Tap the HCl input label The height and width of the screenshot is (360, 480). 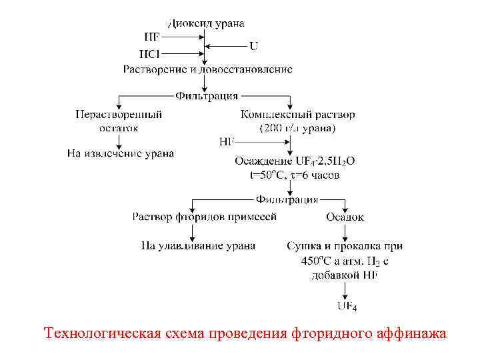pyautogui.click(x=149, y=53)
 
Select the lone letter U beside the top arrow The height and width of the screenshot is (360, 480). pyautogui.click(x=254, y=46)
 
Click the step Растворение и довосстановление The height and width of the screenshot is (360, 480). pyautogui.click(x=207, y=69)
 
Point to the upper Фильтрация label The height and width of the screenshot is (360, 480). pyautogui.click(x=207, y=96)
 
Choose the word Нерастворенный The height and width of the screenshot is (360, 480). pyautogui.click(x=118, y=114)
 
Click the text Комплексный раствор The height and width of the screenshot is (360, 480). pyautogui.click(x=297, y=114)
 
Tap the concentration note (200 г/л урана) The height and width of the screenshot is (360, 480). pyautogui.click(x=297, y=127)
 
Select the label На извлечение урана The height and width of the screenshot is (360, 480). pyautogui.click(x=121, y=153)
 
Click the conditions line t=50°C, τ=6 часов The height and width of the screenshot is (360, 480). pyautogui.click(x=291, y=175)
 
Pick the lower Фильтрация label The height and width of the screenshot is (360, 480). pyautogui.click(x=287, y=199)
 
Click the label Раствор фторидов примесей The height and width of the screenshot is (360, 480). pyautogui.click(x=204, y=217)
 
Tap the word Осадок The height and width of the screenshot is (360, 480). pyautogui.click(x=345, y=217)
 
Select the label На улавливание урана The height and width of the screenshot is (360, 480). pyautogui.click(x=198, y=245)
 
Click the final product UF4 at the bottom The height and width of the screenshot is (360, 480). pyautogui.click(x=347, y=307)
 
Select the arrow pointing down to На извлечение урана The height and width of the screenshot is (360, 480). pyautogui.click(x=118, y=141)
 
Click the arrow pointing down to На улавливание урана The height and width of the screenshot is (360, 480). pyautogui.click(x=193, y=231)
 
